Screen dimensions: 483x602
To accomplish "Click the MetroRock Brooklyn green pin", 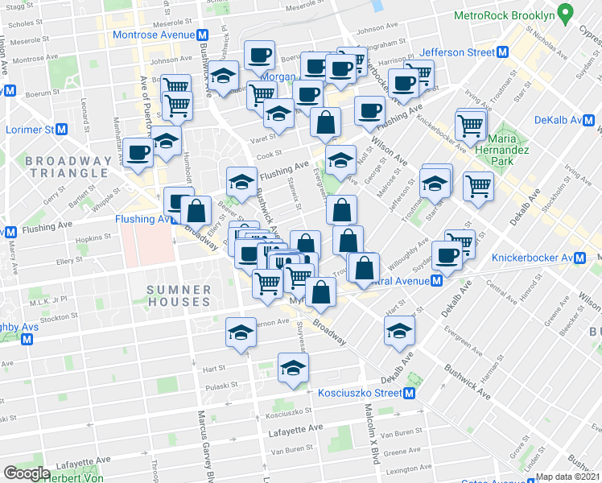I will [x=566, y=14].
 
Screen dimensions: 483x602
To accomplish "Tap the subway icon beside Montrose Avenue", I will [x=204, y=35].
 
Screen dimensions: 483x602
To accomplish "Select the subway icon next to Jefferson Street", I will [x=503, y=52].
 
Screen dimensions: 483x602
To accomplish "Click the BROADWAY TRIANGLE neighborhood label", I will [x=68, y=167].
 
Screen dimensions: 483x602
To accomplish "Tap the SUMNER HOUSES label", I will [x=179, y=295].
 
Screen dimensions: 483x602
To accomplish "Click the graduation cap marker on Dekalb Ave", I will [x=400, y=329].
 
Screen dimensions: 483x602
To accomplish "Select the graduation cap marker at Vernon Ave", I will [x=241, y=332].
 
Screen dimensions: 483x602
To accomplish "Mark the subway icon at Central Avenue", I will [x=435, y=281].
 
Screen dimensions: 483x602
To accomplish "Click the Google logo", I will [x=26, y=473].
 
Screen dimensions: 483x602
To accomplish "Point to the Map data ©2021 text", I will [x=568, y=477].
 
